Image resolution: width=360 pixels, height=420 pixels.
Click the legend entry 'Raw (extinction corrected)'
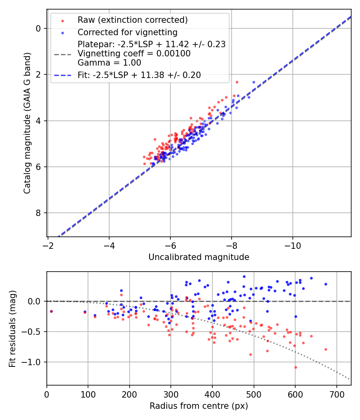coord(132,20)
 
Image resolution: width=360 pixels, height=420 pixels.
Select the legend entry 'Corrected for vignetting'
coord(127,32)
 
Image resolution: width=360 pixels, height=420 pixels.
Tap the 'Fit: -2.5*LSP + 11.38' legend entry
coord(139,75)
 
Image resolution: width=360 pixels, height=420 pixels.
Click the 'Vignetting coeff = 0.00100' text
coord(134,54)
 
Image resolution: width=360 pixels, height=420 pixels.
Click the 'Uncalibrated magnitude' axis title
coord(199,257)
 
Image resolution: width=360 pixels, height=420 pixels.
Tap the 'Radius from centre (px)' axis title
coord(199,406)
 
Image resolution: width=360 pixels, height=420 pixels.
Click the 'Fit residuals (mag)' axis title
coord(12,328)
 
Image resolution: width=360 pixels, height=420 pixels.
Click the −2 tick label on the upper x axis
coord(48,245)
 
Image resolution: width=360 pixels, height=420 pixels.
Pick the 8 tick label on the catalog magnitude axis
coord(38,213)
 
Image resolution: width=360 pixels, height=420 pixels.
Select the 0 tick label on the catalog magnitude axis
coord(38,28)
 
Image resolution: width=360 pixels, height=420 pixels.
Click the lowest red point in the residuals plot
coord(296,367)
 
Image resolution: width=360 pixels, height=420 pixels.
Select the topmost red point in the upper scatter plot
coord(237,82)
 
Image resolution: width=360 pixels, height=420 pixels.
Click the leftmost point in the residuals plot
coord(51,311)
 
